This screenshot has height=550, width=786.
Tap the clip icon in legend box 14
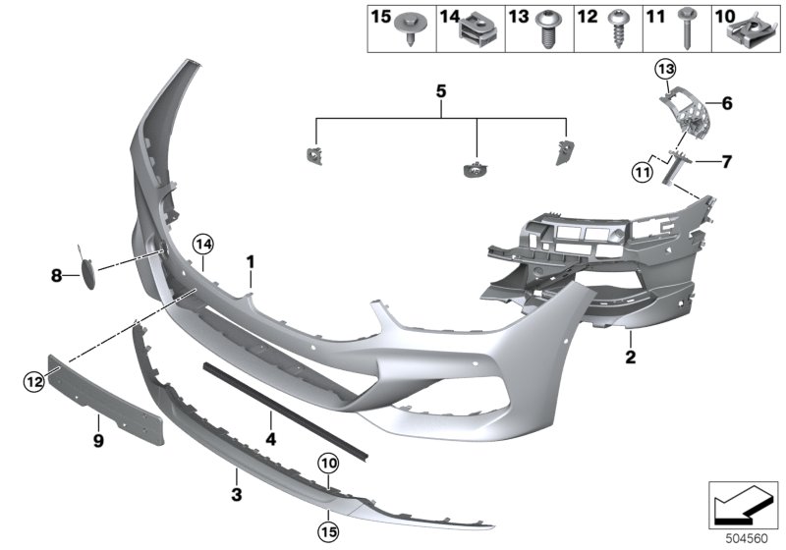477,29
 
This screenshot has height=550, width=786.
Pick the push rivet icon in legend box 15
408,29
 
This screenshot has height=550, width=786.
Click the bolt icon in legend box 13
546,29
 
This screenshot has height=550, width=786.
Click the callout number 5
441,91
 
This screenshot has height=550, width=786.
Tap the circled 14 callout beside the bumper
202,243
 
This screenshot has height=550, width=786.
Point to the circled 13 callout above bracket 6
667,68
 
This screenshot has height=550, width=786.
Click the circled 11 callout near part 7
642,173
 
